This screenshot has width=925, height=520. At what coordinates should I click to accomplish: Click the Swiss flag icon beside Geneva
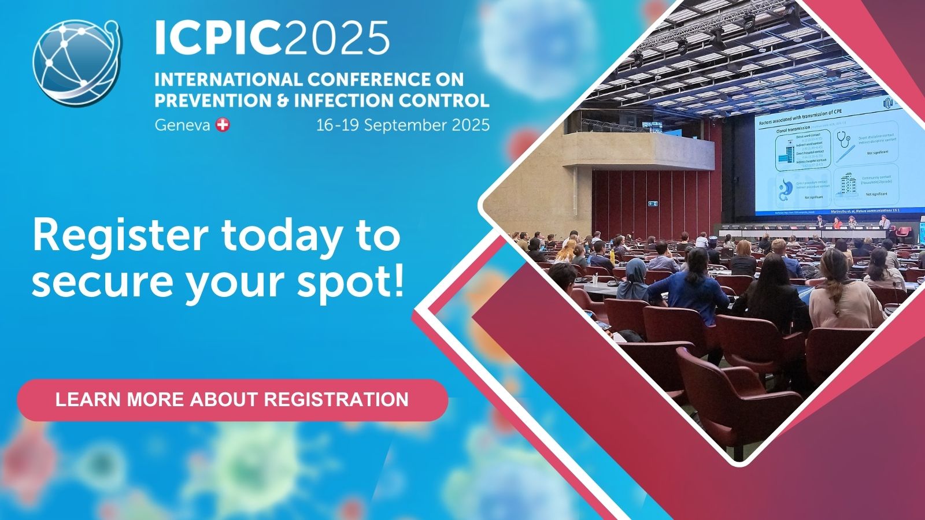(x=223, y=125)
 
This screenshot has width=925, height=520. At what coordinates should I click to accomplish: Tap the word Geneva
(x=182, y=125)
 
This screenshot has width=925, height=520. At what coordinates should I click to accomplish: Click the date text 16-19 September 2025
(x=402, y=125)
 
